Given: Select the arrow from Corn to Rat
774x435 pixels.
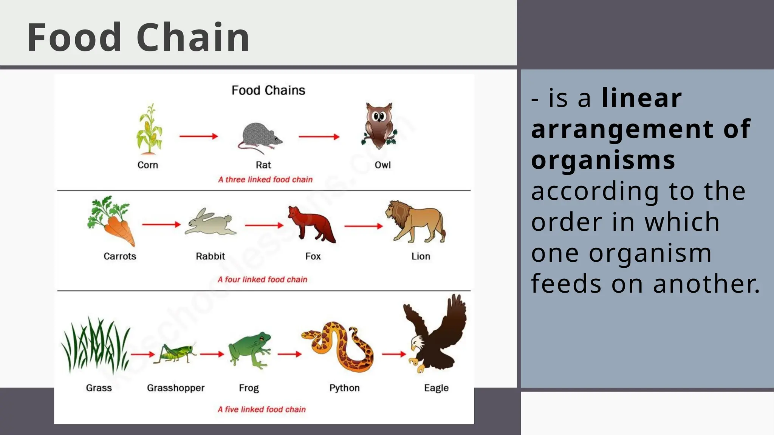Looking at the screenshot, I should (x=198, y=136).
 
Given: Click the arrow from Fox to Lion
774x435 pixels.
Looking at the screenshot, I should (x=363, y=226).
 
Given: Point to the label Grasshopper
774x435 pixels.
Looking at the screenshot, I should (x=176, y=388).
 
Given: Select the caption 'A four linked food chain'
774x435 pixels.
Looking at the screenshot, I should (x=262, y=279).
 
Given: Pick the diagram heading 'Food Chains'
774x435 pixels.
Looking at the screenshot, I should (x=268, y=90).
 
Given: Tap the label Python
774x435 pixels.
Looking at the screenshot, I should (x=344, y=388).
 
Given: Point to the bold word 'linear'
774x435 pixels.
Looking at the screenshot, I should (x=641, y=98).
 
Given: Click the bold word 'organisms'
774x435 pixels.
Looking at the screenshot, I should (x=603, y=160).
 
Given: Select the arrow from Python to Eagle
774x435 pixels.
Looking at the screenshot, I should (x=393, y=354).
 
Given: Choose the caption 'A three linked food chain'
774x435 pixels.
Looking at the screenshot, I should (x=265, y=179).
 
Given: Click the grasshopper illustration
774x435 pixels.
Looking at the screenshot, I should (x=175, y=353).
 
